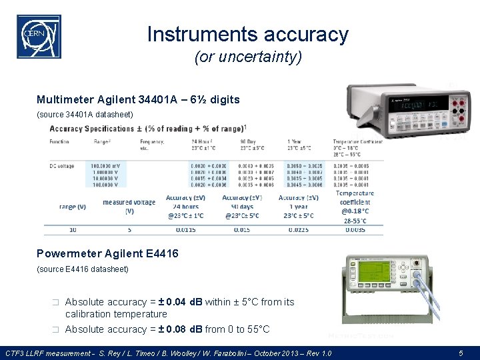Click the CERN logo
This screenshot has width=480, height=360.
coord(39,37)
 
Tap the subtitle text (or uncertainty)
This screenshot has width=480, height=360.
coord(247,58)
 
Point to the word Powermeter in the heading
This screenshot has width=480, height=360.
coord(67,253)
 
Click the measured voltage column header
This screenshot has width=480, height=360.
coord(129,206)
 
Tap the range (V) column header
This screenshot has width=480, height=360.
coord(72,207)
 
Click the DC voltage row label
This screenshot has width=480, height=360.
coord(62,165)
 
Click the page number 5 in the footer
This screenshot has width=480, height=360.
coord(461,352)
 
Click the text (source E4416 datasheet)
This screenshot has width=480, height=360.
coord(82,269)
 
